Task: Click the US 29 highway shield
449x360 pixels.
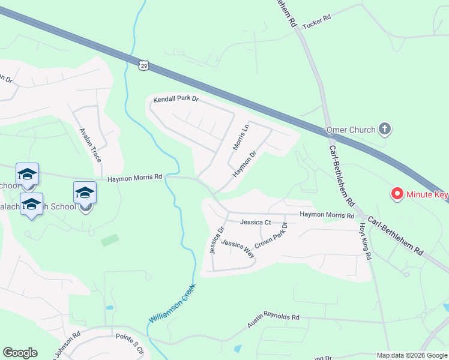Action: pos(143,65)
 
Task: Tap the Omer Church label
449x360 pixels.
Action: pos(350,129)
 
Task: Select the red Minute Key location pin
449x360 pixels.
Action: pos(396,194)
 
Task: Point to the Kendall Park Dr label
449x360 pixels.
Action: pos(175,99)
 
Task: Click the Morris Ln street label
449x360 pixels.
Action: pos(240,138)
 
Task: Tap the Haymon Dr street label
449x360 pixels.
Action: pos(245,163)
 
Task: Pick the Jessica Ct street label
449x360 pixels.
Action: pos(256,222)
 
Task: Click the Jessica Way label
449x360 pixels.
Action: pos(238,248)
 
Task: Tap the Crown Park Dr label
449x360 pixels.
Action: pos(271,236)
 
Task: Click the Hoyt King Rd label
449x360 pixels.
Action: pos(366,241)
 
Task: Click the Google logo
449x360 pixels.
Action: pos(20,353)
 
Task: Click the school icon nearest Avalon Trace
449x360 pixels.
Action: pos(85,193)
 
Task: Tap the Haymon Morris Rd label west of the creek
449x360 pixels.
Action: pos(135,178)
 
